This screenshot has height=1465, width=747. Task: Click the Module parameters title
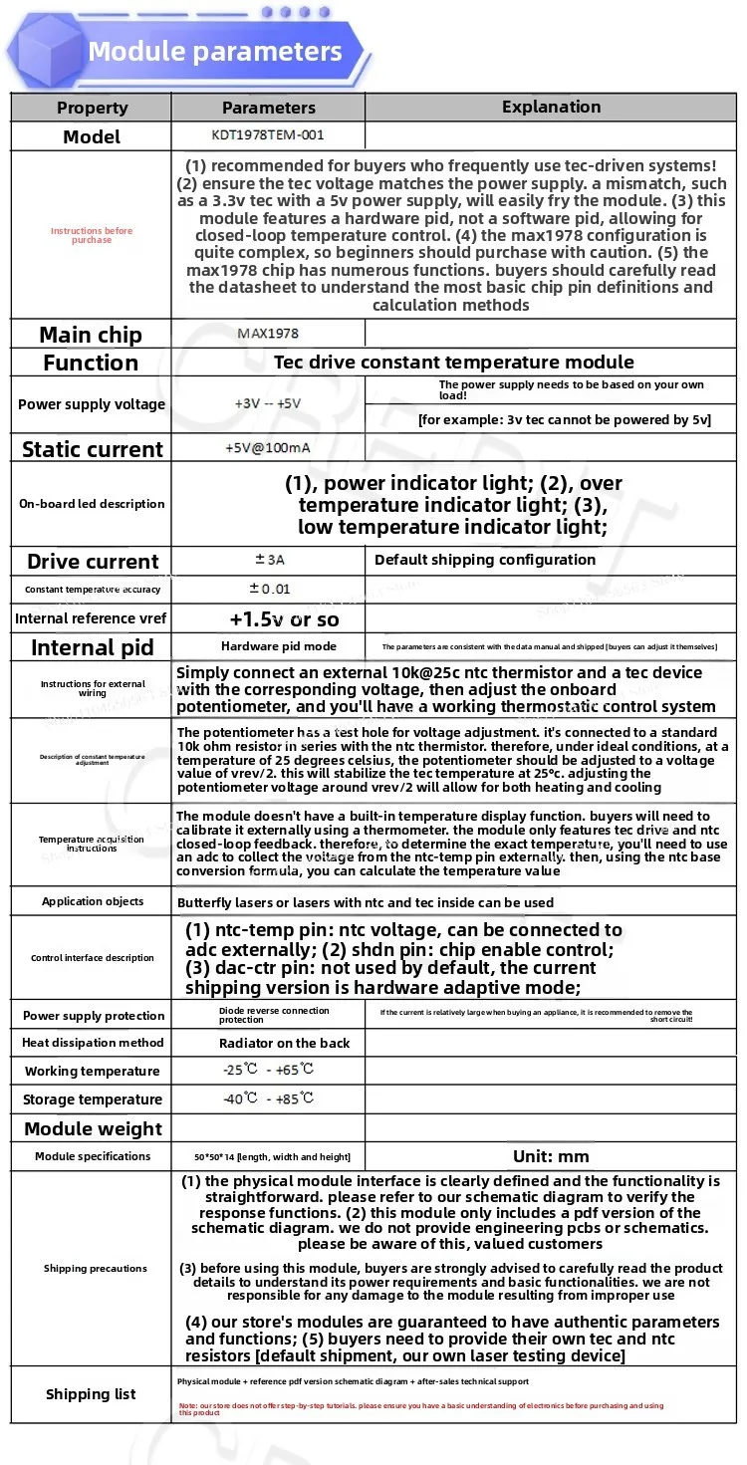(214, 52)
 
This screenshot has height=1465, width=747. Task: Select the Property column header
(92, 108)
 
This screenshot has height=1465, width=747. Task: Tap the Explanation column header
(551, 107)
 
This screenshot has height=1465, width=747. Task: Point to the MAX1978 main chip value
(267, 334)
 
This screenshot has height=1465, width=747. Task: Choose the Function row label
(91, 363)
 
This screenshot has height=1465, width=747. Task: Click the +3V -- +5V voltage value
(267, 404)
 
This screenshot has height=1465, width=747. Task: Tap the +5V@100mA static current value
(267, 448)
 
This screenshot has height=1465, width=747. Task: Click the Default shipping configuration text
(484, 560)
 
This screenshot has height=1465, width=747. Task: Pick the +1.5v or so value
(284, 619)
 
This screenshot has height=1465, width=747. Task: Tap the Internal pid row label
(92, 647)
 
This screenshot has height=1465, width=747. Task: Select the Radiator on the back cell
(284, 1044)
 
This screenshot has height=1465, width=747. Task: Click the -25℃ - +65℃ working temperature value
(268, 1070)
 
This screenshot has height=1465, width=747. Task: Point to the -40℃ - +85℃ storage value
(268, 1099)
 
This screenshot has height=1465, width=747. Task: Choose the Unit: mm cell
(551, 1156)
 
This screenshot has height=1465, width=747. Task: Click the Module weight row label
(92, 1128)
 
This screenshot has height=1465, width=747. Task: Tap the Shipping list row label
(91, 1394)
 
